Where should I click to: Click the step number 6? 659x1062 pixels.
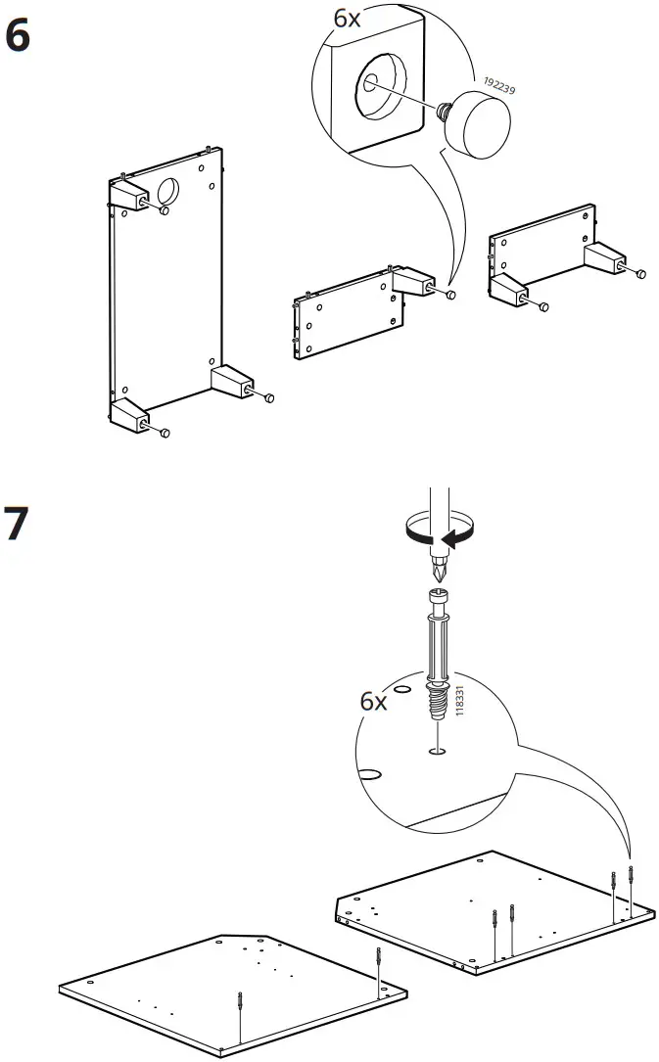pyautogui.click(x=19, y=36)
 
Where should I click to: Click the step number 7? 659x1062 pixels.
pyautogui.click(x=19, y=525)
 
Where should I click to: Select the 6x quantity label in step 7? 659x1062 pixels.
pyautogui.click(x=374, y=701)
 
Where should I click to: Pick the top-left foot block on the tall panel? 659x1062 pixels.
pyautogui.click(x=127, y=197)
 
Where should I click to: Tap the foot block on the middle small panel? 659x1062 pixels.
pyautogui.click(x=411, y=283)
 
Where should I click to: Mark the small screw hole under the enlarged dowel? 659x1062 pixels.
pyautogui.click(x=436, y=751)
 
